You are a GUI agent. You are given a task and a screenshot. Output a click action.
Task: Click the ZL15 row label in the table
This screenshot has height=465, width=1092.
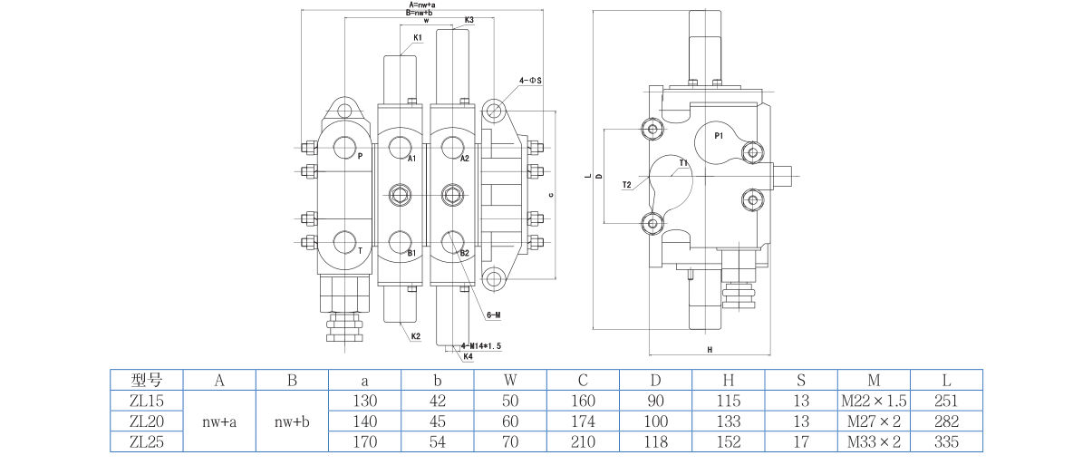coord(146,401)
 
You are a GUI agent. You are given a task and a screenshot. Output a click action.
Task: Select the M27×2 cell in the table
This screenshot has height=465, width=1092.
coord(874,421)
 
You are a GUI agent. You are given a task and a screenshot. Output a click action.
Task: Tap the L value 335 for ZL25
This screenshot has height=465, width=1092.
coord(946,442)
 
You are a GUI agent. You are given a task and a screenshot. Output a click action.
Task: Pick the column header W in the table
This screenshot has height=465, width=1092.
coord(510,380)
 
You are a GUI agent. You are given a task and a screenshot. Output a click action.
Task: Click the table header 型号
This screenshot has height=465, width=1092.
coord(146,380)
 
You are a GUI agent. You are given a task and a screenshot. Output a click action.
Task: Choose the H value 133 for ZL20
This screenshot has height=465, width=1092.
coord(728,421)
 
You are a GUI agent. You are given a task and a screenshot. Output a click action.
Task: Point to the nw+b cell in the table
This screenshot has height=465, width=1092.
coord(292,421)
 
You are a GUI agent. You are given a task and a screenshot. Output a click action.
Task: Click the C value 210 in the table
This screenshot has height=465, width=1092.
coord(583,442)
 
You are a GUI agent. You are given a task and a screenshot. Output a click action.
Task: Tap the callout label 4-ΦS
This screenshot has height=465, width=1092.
coord(530,81)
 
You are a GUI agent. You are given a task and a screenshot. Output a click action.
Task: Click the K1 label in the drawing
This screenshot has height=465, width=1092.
coord(418,37)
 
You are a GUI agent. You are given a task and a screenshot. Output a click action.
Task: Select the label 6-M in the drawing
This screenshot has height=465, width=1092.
coord(494,315)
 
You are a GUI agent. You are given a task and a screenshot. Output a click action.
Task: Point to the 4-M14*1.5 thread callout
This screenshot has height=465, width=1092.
coord(481,346)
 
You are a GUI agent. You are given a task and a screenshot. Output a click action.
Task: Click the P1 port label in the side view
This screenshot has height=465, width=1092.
coord(718,136)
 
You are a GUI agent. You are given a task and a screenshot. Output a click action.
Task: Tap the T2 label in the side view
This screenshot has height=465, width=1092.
coord(626,185)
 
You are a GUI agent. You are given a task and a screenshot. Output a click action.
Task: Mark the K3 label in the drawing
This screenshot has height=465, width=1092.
coord(469,20)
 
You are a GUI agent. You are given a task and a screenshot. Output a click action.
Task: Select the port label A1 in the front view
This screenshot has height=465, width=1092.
coord(411,159)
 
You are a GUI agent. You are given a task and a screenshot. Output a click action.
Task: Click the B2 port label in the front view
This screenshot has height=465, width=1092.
coord(465,253)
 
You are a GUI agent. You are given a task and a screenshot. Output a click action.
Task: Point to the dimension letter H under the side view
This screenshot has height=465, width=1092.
coord(710,349)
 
